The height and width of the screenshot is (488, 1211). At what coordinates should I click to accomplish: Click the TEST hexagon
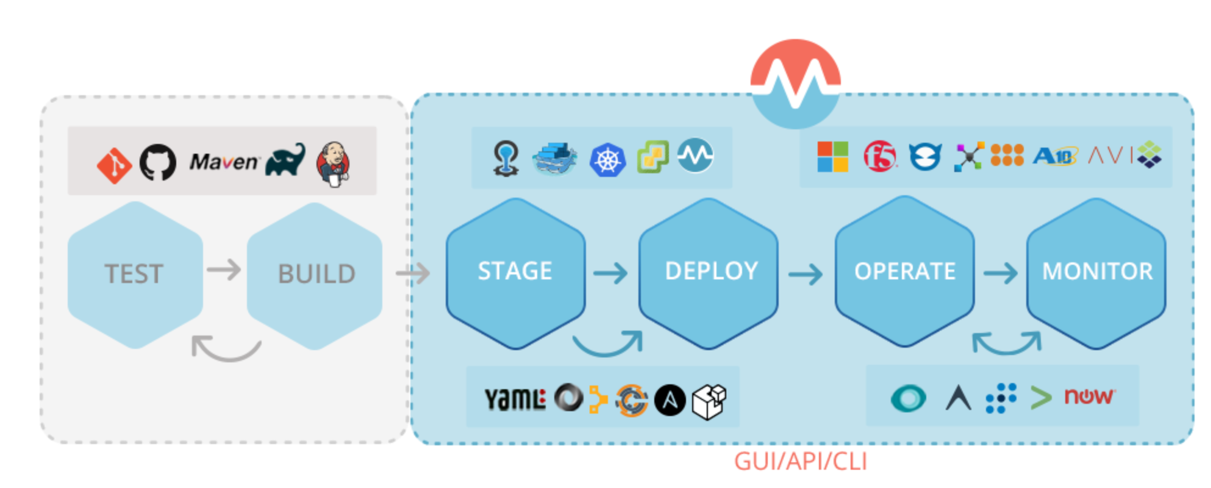point(135,274)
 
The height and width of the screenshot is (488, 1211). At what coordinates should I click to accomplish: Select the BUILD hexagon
point(315,274)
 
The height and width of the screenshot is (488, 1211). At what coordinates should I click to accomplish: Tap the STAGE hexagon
point(515,272)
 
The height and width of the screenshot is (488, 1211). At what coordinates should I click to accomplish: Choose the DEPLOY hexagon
point(709,272)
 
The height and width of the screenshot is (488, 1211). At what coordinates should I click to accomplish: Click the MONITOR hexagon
point(1096,272)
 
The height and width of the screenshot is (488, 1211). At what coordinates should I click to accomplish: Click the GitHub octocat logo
point(158,162)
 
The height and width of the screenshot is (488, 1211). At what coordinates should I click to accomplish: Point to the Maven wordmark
point(224,162)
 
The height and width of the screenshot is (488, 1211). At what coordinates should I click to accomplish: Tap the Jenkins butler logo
point(333,163)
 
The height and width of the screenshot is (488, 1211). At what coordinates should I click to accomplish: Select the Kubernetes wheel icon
point(607,160)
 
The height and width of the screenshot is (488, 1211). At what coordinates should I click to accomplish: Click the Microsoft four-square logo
point(832,156)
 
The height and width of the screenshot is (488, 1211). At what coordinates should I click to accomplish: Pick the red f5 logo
point(880,156)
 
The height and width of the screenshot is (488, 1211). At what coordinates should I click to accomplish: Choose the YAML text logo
point(515,400)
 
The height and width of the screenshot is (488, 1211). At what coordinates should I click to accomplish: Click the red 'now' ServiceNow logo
point(1089,396)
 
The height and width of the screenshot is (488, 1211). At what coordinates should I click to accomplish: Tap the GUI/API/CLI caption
point(800,462)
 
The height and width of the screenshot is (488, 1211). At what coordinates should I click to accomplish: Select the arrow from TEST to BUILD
point(224,270)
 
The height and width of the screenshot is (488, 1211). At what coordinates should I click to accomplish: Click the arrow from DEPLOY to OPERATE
point(806,274)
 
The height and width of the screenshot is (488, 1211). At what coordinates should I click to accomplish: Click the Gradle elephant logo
point(285,160)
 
